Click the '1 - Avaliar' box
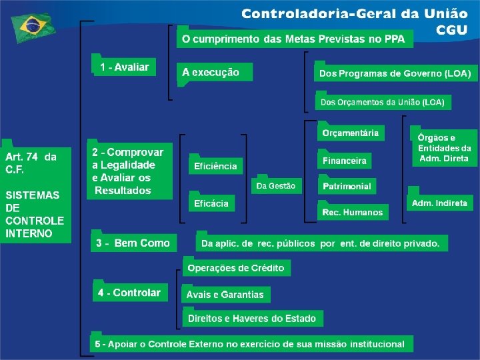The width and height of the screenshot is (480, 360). tap(125, 67)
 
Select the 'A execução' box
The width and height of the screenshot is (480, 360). tap(215, 72)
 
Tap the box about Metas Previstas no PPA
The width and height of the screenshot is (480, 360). tap(294, 39)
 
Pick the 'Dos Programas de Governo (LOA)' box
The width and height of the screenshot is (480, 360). tap(395, 73)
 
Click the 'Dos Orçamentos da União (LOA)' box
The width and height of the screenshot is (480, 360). tap(383, 102)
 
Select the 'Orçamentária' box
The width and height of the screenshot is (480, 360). tap(350, 133)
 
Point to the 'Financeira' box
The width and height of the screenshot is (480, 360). tap(345, 161)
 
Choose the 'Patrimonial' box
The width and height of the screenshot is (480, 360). tap(347, 186)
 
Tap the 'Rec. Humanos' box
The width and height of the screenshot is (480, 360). tap(353, 212)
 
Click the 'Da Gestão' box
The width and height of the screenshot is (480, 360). tap(276, 186)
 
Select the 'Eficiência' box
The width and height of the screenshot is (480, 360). tap(215, 166)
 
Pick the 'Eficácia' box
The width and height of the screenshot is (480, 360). tap(211, 203)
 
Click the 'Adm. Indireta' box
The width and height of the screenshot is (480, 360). tap(439, 203)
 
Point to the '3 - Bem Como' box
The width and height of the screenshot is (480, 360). tap(133, 243)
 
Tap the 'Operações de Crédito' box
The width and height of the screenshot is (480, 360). tap(236, 268)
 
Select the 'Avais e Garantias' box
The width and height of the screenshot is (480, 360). tap(225, 294)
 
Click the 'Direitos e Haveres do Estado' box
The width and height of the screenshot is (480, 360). tap(252, 318)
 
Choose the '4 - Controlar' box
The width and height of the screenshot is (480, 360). tap(129, 292)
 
